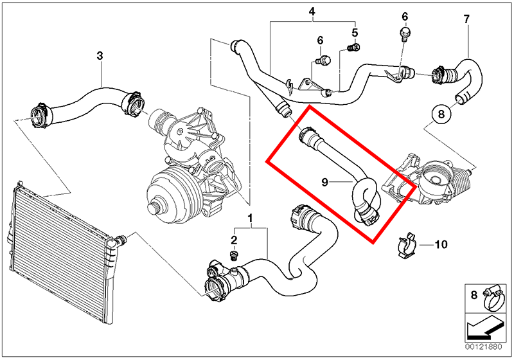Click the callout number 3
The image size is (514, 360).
point(100,56)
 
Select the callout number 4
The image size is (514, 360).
point(312,12)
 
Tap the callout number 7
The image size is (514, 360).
point(466,19)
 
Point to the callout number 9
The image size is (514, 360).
point(324,182)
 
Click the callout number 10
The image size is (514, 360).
point(441,244)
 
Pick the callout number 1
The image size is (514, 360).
point(250,218)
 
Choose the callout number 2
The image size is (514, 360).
point(234,240)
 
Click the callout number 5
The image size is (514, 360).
point(355,33)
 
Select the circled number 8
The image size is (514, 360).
point(441,114)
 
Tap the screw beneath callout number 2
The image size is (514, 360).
point(233,256)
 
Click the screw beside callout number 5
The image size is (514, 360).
point(353,48)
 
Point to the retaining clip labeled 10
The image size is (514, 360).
point(406,245)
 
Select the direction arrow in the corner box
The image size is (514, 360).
point(485,330)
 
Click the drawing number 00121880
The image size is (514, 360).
point(483,347)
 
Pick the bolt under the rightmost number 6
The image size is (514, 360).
point(405,34)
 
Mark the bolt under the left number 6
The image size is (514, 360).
point(323,60)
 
